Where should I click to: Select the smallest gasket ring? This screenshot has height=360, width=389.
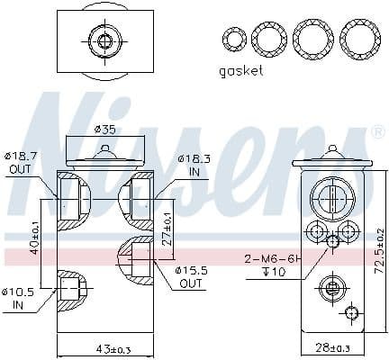[234, 39]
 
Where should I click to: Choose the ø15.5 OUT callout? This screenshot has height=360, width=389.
[190, 276]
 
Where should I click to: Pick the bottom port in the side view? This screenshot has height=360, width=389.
[330, 288]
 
